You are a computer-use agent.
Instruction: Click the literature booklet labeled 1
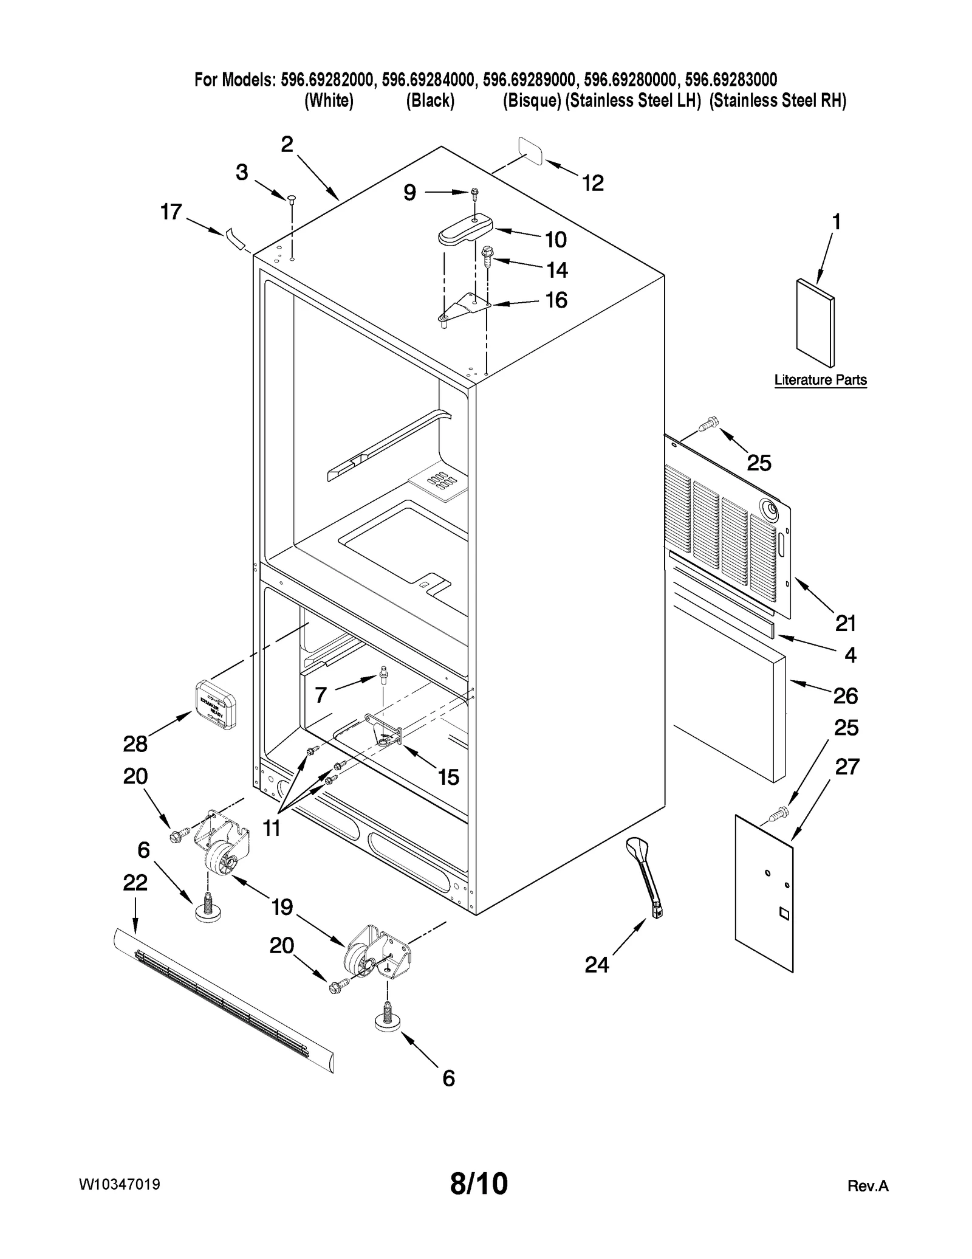815,323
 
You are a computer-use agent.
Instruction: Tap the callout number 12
593,183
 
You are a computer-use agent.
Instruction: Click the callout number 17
171,212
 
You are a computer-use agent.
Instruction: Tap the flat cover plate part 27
764,892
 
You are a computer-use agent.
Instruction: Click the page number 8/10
479,1184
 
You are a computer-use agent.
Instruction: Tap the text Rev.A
868,1186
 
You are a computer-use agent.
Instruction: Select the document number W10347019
119,1184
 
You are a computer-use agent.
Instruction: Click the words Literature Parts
820,380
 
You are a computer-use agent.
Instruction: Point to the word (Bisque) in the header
531,101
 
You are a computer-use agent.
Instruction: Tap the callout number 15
448,777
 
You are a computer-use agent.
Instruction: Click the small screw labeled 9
474,193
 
